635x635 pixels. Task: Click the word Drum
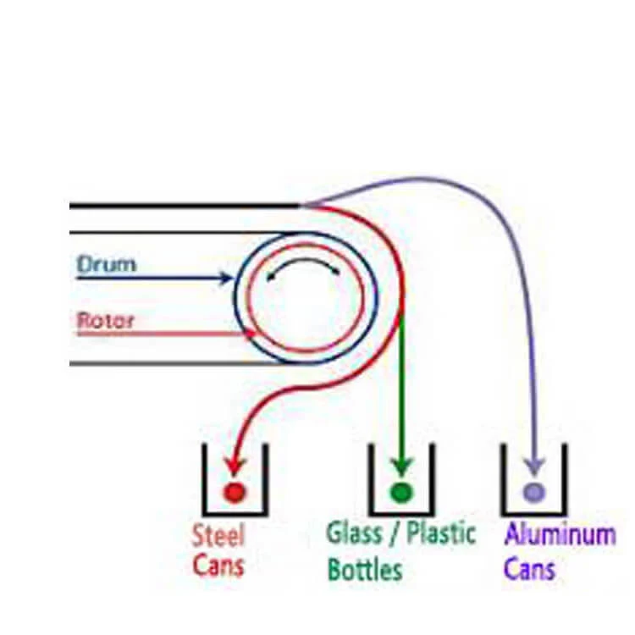click(x=106, y=263)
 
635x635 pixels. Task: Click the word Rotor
click(x=106, y=321)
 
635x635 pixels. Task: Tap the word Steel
click(x=218, y=536)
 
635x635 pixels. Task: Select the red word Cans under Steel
click(x=218, y=565)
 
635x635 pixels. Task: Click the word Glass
click(x=354, y=533)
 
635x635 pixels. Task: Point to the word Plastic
click(x=441, y=533)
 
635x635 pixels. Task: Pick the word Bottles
click(x=365, y=568)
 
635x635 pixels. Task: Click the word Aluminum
click(x=560, y=535)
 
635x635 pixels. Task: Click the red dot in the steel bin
click(x=233, y=491)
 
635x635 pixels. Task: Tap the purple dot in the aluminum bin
click(x=533, y=491)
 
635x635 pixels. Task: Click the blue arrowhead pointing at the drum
click(x=225, y=278)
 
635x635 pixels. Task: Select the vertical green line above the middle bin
click(x=401, y=381)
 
